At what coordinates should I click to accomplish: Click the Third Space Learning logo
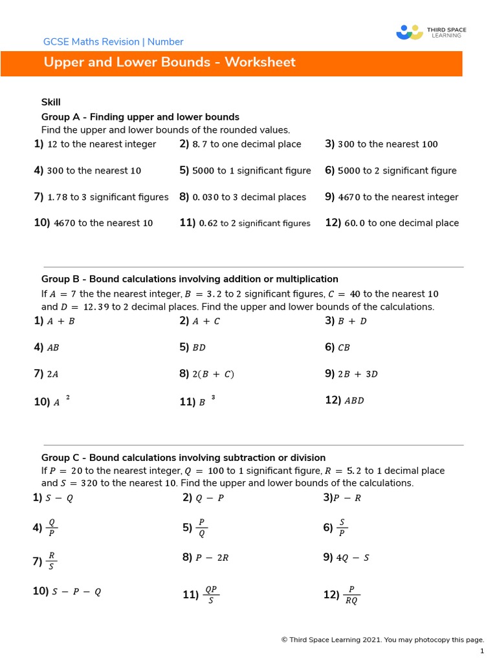(430, 32)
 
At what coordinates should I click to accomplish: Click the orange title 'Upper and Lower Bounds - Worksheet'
(170, 63)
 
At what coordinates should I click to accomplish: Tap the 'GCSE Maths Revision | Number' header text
(113, 42)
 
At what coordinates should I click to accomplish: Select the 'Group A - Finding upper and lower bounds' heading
(140, 117)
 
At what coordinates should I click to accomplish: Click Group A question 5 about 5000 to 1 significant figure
(245, 171)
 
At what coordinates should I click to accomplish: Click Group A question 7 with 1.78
(101, 197)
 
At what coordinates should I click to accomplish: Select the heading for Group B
(190, 279)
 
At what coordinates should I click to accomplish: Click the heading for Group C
(183, 458)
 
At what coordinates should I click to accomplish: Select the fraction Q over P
(52, 528)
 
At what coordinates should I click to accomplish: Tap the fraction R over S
(52, 561)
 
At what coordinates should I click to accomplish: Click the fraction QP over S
(210, 595)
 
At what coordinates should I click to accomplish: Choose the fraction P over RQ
(351, 595)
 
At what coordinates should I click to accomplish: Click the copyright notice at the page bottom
(382, 640)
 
